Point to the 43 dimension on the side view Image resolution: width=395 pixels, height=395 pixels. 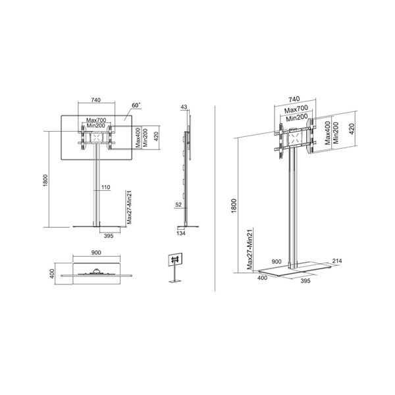[184, 107]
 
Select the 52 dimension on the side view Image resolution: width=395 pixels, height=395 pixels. [178, 205]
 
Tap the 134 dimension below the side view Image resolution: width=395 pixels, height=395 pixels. [182, 232]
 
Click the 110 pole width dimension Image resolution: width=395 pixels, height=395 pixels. [105, 188]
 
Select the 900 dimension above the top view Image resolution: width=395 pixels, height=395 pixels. [97, 253]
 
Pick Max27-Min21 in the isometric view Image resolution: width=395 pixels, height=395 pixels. [251, 250]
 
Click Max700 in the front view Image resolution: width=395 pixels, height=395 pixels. [97, 120]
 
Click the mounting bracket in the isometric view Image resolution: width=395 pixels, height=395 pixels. [294, 140]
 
